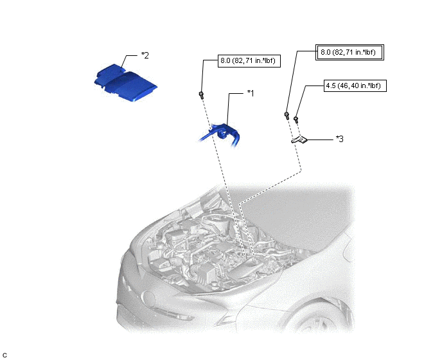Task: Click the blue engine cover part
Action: pos(125,82)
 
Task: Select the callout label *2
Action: pos(145,55)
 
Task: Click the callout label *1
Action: pos(251,93)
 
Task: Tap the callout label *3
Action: pos(339,139)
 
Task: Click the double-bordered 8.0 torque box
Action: pos(349,52)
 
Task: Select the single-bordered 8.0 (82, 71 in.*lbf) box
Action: pos(249,60)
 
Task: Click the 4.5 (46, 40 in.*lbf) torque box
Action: pos(355,85)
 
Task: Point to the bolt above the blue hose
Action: pos(201,94)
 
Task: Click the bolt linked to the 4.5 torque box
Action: pos(296,120)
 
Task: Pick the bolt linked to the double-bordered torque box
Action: pos(287,115)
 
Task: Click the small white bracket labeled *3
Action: pos(299,139)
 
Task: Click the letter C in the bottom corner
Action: pos(4,355)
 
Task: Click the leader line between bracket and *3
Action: pos(320,139)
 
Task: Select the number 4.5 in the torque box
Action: pos(331,85)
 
